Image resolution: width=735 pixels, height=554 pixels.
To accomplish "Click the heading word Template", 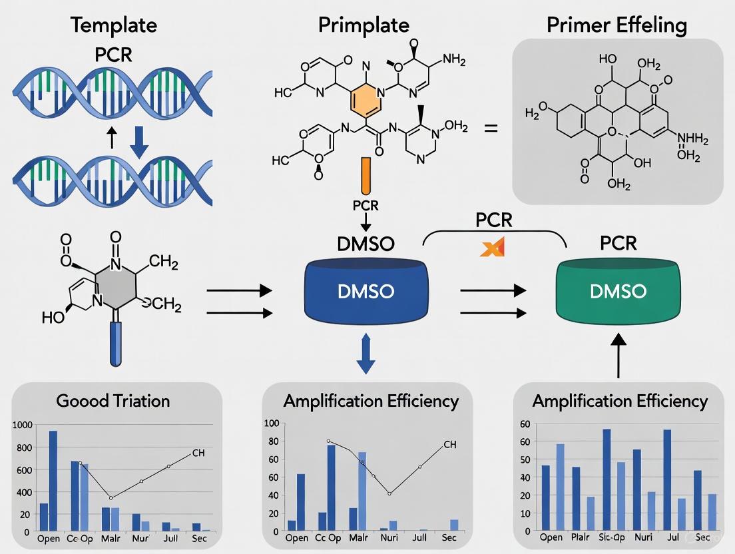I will tap(113, 25).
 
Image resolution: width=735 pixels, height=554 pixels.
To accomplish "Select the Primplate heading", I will tap(363, 25).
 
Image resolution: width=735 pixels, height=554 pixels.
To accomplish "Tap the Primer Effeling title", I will tap(616, 25).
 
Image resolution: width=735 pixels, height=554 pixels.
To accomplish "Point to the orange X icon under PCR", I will tap(493, 248).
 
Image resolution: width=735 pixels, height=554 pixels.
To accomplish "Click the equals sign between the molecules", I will tap(490, 128).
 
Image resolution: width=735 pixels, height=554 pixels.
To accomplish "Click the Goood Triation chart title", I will tap(113, 400).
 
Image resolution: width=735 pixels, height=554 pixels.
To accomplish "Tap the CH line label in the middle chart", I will tap(450, 444).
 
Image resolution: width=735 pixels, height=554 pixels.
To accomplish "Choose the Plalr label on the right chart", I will tap(581, 537).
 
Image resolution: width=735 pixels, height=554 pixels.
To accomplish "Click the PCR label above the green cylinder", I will tap(618, 243).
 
